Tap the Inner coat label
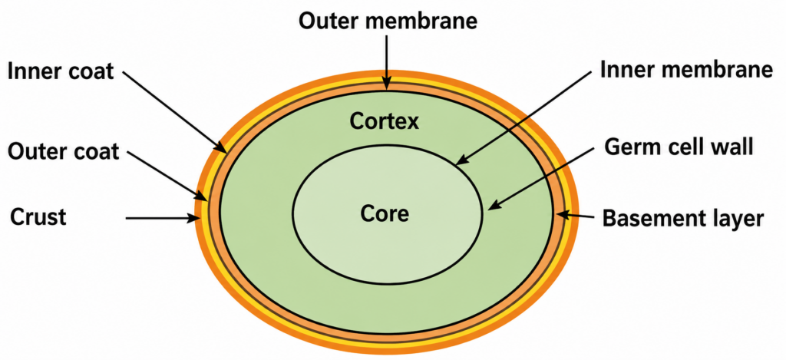coord(61,72)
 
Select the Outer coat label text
coord(62,151)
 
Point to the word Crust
coord(38,217)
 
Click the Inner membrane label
coord(685,71)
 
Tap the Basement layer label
coord(682,219)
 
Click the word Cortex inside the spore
coord(384,121)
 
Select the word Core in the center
coord(385,214)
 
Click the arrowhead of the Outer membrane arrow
coord(386,85)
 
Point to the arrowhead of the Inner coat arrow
coord(222,147)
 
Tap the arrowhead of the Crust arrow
coord(194,218)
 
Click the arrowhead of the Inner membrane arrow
coord(461,161)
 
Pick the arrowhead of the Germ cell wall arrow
coord(494,206)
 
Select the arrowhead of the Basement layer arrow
coord(563,215)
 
